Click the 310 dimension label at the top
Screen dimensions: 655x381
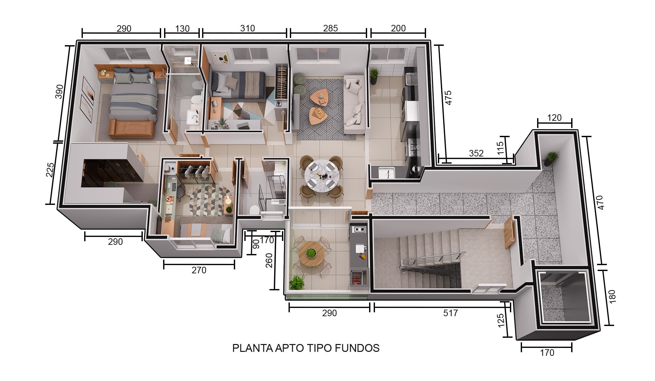click(247, 28)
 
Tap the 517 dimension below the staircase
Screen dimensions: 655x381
click(450, 313)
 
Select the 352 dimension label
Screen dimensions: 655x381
click(476, 153)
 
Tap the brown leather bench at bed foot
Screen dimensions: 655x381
click(131, 129)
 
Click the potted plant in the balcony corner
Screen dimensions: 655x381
click(297, 282)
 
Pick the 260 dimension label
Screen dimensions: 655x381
click(269, 261)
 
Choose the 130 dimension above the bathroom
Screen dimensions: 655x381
click(182, 29)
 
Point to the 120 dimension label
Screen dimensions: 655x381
click(554, 118)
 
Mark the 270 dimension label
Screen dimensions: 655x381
click(199, 270)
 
